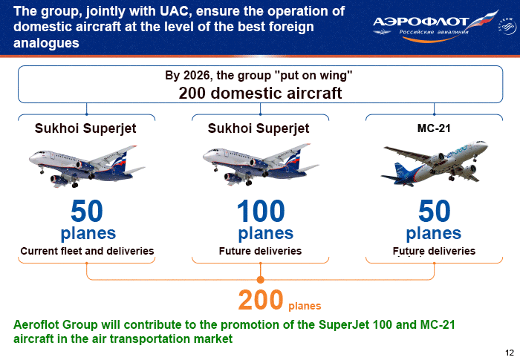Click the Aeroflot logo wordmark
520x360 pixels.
coord(420,22)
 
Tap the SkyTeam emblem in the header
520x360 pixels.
coord(507,26)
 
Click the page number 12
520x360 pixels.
coord(510,353)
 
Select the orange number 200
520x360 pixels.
coord(261,300)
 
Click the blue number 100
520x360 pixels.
coord(261,211)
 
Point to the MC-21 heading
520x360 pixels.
coord(434,128)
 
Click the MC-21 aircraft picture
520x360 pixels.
coord(435,163)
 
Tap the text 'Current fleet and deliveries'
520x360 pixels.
coord(87,251)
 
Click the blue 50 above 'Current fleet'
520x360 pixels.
coord(87,211)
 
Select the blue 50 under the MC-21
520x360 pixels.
coord(435,211)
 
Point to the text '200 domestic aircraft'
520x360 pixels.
coord(260,93)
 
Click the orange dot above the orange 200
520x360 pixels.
coord(260,280)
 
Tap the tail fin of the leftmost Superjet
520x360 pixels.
coord(120,160)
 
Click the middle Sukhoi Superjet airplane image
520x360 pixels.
coord(261,165)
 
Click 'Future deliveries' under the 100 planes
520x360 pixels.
coord(260,251)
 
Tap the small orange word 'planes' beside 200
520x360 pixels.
coord(305,306)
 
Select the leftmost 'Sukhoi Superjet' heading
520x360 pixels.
coord(85,128)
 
